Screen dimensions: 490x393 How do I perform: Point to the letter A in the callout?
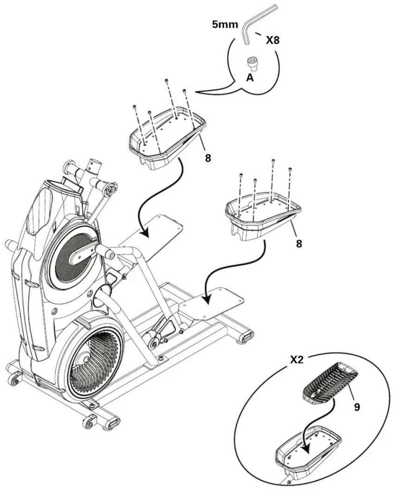pyautogui.click(x=250, y=78)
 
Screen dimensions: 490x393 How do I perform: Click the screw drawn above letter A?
pyautogui.click(x=251, y=63)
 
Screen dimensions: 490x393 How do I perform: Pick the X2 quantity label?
pyautogui.click(x=297, y=360)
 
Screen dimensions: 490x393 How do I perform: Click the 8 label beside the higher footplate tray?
pyautogui.click(x=208, y=158)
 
